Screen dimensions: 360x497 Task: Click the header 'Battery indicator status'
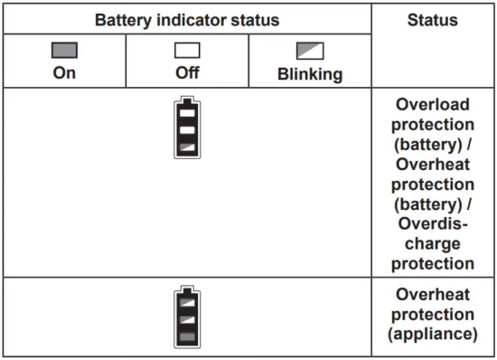pyautogui.click(x=187, y=19)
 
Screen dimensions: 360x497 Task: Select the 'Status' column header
pyautogui.click(x=433, y=19)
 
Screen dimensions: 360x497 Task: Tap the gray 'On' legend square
pyautogui.click(x=64, y=51)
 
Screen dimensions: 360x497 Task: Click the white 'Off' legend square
pyautogui.click(x=187, y=51)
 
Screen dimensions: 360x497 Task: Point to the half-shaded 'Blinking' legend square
pyautogui.click(x=310, y=52)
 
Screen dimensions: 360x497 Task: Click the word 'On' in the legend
pyautogui.click(x=64, y=73)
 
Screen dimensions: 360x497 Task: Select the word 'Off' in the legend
pyautogui.click(x=187, y=73)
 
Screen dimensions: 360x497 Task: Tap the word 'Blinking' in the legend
pyautogui.click(x=310, y=74)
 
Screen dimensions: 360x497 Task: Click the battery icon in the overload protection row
pyautogui.click(x=187, y=128)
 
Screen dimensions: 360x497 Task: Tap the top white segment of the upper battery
pyautogui.click(x=187, y=115)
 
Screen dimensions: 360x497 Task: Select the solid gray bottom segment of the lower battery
pyautogui.click(x=187, y=336)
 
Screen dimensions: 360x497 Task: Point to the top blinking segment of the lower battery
pyautogui.click(x=187, y=304)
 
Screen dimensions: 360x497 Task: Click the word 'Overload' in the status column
pyautogui.click(x=434, y=104)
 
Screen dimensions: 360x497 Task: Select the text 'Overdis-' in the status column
pyautogui.click(x=434, y=223)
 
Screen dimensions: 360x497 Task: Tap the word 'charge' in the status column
pyautogui.click(x=434, y=243)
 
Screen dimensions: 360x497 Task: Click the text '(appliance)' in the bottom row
pyautogui.click(x=434, y=335)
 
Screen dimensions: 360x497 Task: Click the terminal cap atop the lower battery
pyautogui.click(x=187, y=291)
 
